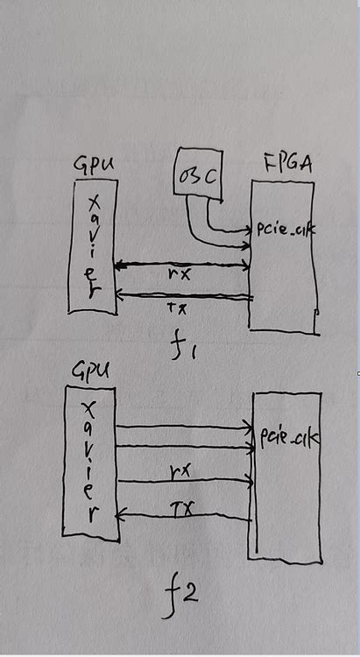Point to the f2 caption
(x=181, y=597)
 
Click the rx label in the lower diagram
(x=182, y=470)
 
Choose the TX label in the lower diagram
(x=184, y=505)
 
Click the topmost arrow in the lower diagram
(x=184, y=427)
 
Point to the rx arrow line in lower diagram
(x=184, y=480)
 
